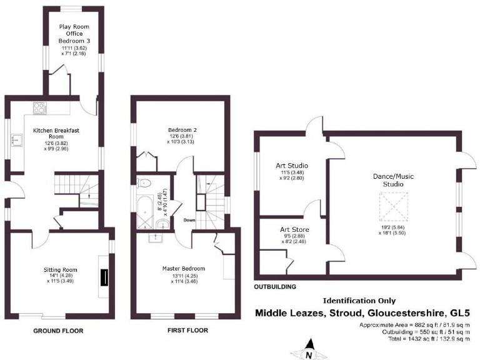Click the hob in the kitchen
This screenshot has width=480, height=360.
[x=39, y=107]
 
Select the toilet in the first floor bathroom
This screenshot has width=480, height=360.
[x=144, y=183]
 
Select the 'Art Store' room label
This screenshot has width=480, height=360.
[x=294, y=229]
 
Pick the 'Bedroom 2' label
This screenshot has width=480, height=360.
[x=181, y=129]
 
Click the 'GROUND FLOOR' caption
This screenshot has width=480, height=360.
[x=59, y=331]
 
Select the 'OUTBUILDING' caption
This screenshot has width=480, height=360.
[x=275, y=287]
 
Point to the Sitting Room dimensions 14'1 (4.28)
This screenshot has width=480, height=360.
[x=59, y=275]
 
